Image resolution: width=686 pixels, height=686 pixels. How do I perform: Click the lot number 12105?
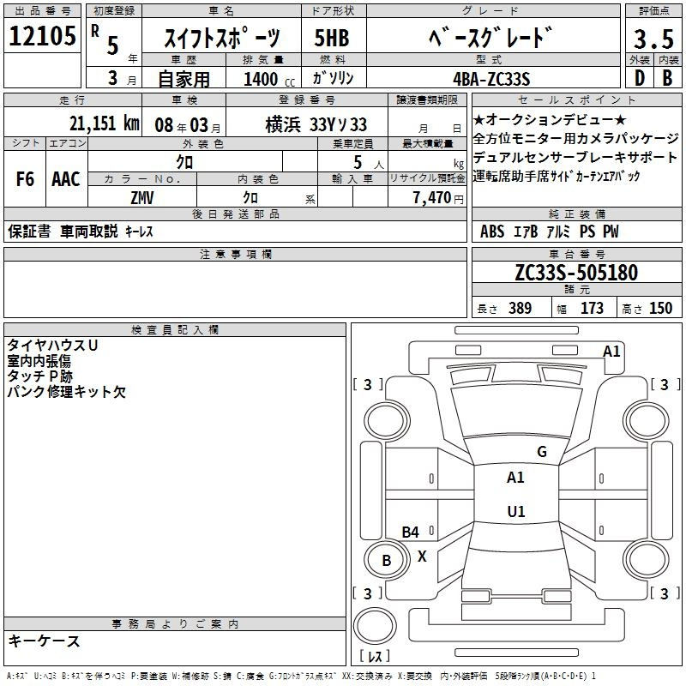(x=42, y=35)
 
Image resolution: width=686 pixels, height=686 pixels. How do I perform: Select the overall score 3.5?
(x=653, y=39)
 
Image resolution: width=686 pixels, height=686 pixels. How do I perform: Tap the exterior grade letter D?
(x=639, y=78)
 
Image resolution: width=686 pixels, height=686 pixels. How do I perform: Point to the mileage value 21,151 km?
(x=104, y=123)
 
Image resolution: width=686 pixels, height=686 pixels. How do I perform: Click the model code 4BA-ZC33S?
(x=491, y=79)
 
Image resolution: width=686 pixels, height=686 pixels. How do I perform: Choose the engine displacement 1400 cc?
(x=268, y=79)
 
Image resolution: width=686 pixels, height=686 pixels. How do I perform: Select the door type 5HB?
(x=332, y=38)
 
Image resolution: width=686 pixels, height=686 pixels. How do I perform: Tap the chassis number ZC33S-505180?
(x=576, y=273)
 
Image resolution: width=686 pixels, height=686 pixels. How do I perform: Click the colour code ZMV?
(x=142, y=198)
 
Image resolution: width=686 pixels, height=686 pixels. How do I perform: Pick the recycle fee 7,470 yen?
(x=438, y=198)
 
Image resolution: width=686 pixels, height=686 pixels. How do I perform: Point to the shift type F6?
(x=25, y=179)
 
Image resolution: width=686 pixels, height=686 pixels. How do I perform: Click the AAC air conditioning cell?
(x=66, y=179)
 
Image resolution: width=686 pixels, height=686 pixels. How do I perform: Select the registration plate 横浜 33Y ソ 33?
(x=316, y=124)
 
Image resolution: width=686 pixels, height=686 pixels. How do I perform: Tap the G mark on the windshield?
(x=542, y=452)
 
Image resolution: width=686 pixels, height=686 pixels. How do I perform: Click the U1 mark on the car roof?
(x=516, y=511)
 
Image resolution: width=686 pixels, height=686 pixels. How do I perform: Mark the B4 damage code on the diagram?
(x=411, y=532)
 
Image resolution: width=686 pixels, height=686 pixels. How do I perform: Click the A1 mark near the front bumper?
(x=611, y=352)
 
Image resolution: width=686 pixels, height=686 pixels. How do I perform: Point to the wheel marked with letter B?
(x=387, y=561)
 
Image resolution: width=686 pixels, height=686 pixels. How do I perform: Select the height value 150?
(x=660, y=308)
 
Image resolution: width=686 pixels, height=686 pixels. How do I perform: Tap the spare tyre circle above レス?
(x=375, y=625)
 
